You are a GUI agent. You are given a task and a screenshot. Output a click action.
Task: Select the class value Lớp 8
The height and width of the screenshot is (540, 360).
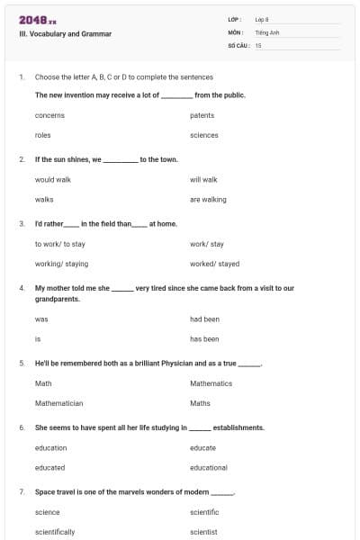click(x=262, y=19)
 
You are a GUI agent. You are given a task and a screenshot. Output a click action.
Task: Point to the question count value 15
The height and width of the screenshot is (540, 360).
click(x=258, y=44)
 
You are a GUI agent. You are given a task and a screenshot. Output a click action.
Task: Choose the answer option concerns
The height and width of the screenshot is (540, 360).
click(x=49, y=115)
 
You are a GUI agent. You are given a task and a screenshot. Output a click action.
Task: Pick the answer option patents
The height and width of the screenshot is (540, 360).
click(x=202, y=115)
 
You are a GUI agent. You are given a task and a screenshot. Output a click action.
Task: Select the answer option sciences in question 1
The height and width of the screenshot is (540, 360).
click(x=204, y=135)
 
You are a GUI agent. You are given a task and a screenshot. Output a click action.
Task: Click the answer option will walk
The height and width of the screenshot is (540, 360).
click(x=203, y=180)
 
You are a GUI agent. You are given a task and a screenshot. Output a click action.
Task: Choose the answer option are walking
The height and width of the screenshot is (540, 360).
click(x=208, y=200)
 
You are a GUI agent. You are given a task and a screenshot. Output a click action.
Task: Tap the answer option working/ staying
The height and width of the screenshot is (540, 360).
click(x=61, y=264)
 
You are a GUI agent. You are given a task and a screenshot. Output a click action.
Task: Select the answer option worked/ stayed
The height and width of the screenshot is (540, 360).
click(x=215, y=264)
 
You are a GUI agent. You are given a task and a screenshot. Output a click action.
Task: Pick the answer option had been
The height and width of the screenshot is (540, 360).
click(x=204, y=319)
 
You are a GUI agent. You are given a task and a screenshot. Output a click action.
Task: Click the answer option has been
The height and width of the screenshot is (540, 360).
click(x=204, y=339)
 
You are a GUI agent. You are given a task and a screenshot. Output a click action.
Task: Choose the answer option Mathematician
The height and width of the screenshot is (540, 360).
click(x=58, y=403)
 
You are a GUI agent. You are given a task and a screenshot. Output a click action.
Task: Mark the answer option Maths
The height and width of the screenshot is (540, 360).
click(x=200, y=403)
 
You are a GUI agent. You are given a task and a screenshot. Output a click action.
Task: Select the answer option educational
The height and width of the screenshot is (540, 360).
click(x=209, y=468)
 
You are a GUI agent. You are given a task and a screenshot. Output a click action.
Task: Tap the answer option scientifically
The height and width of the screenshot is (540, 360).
click(x=55, y=532)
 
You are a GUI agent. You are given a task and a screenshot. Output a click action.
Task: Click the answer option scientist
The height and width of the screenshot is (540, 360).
click(x=203, y=532)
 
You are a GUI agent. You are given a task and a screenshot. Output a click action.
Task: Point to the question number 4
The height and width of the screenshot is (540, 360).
click(x=22, y=288)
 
